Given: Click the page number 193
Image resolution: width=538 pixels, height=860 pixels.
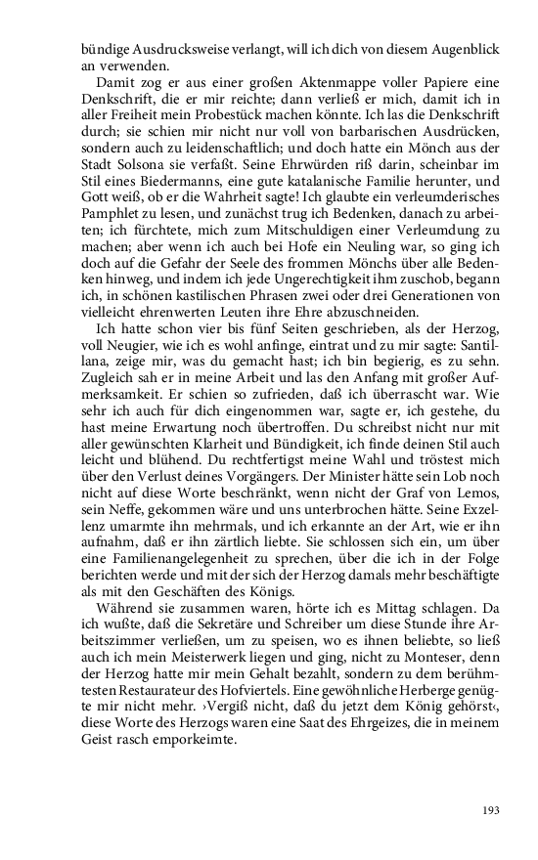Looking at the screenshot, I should click(x=491, y=810).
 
